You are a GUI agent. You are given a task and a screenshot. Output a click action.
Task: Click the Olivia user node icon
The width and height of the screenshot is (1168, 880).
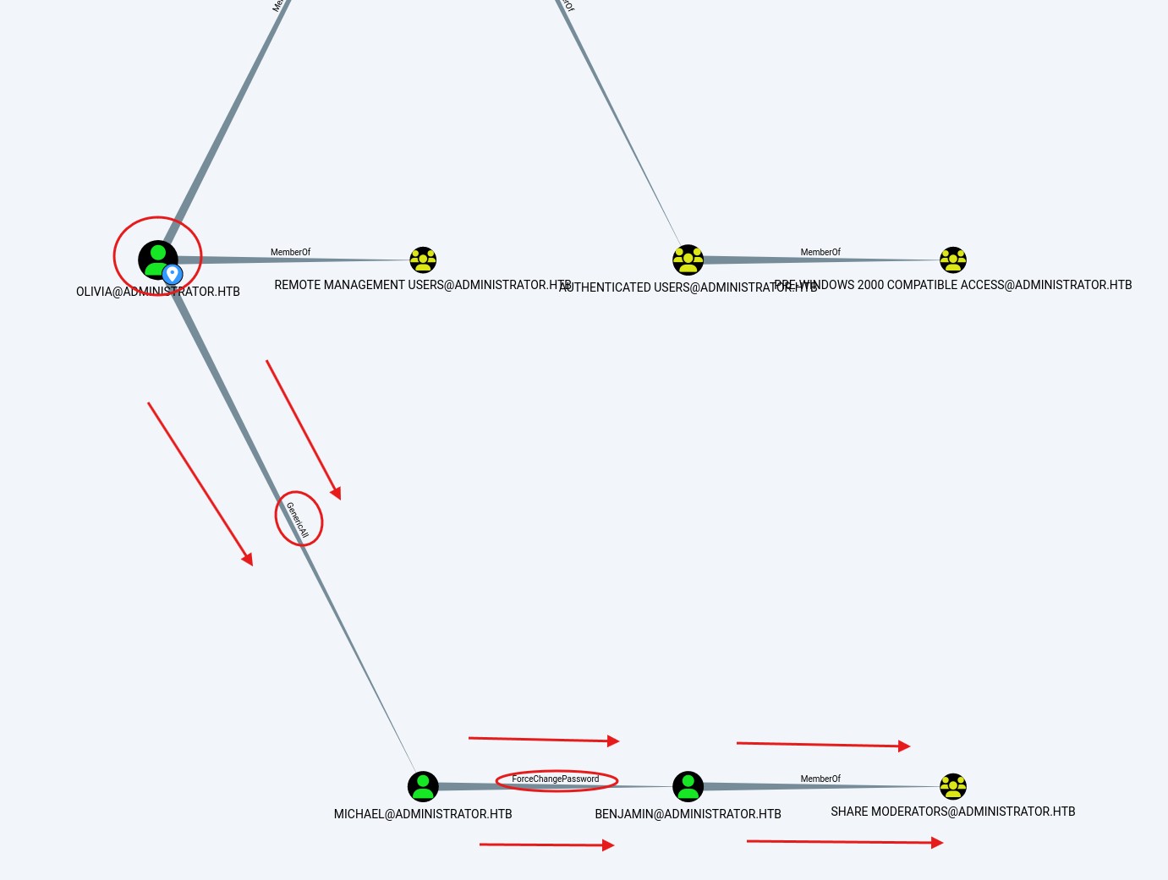click(157, 259)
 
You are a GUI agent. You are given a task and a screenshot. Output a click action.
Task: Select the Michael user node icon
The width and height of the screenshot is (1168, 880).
click(423, 786)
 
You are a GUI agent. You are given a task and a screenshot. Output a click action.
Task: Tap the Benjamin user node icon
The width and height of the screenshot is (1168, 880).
click(688, 786)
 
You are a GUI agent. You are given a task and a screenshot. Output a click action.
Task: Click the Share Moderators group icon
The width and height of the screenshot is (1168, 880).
click(952, 786)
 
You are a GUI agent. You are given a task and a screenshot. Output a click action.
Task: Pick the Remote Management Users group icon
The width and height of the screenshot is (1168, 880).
click(423, 260)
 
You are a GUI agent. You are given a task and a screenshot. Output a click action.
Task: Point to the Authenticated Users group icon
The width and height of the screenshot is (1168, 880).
click(688, 260)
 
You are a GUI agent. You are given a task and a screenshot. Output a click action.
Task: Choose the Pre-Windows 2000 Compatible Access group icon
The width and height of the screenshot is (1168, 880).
click(952, 260)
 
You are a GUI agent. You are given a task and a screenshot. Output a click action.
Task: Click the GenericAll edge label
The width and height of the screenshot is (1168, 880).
click(298, 520)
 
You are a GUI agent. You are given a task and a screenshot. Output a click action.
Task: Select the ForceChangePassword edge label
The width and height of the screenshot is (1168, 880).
click(556, 779)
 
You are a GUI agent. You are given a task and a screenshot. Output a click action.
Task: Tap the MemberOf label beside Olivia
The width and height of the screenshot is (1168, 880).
click(290, 252)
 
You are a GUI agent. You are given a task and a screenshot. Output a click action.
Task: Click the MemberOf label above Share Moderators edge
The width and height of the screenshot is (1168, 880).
click(820, 779)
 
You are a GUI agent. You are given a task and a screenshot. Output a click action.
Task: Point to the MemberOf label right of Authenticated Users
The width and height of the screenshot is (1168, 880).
click(820, 252)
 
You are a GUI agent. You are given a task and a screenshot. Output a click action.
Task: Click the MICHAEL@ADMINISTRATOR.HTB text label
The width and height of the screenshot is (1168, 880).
click(423, 814)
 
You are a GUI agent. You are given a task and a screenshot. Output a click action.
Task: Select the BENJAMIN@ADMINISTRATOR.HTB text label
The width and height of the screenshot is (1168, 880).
click(688, 814)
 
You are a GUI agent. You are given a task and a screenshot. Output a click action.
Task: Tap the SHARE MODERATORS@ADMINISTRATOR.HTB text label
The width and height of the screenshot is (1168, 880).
click(952, 812)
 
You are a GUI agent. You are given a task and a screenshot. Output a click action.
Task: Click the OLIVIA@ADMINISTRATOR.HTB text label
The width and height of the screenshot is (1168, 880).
click(158, 292)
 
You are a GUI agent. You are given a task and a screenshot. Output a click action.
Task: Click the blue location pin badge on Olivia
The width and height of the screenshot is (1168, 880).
click(173, 274)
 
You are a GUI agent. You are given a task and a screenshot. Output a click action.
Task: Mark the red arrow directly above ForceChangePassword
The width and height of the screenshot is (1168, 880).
click(543, 740)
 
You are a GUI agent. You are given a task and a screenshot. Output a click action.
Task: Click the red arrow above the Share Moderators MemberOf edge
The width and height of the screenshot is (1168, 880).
click(822, 745)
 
